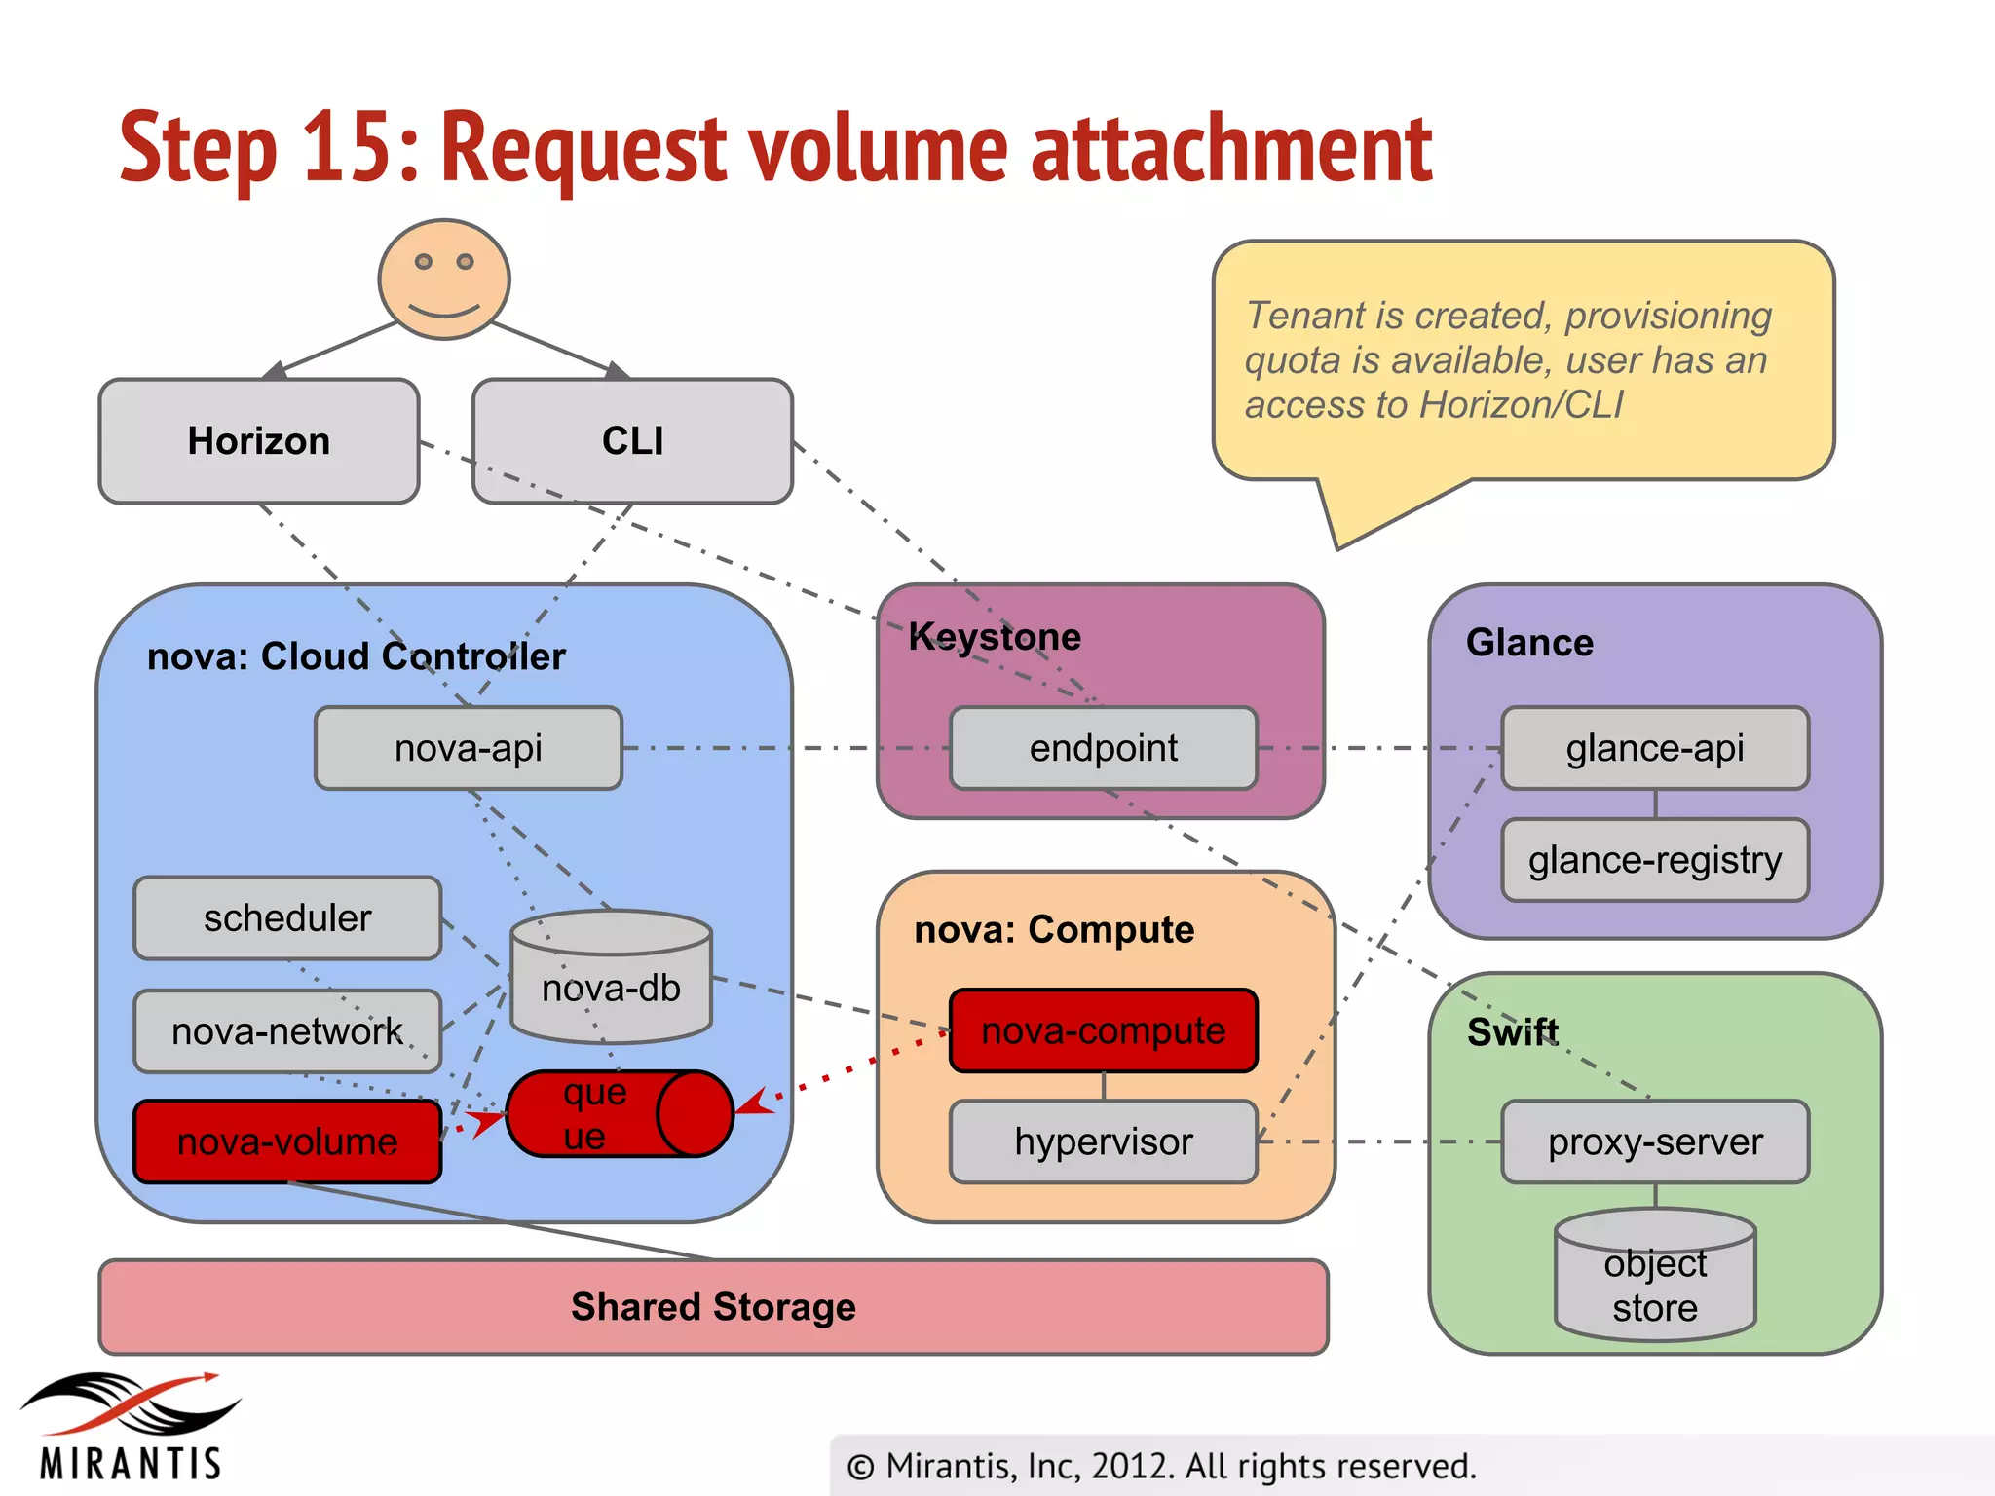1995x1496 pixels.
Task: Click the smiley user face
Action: pos(444,280)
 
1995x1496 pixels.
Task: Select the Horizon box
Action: pos(259,441)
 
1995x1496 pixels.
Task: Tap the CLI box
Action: pos(632,441)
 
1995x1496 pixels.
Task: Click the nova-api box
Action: pos(469,748)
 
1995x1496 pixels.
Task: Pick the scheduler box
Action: pos(287,917)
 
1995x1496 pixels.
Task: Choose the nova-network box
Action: pos(287,1031)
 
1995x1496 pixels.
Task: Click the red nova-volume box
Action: pos(287,1141)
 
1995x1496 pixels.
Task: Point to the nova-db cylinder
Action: pos(611,979)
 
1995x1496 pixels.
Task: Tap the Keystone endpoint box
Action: pos(1104,748)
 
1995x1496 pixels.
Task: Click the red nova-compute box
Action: pos(1104,1030)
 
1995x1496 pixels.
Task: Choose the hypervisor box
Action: pos(1104,1141)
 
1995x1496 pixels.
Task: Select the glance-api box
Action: pos(1655,748)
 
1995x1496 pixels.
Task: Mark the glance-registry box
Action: pos(1655,860)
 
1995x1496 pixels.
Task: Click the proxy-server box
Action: pos(1655,1141)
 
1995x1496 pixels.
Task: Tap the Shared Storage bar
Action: pos(713,1307)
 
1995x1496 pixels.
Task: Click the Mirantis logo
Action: pos(131,1428)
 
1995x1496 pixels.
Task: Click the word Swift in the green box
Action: pos(1512,1032)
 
